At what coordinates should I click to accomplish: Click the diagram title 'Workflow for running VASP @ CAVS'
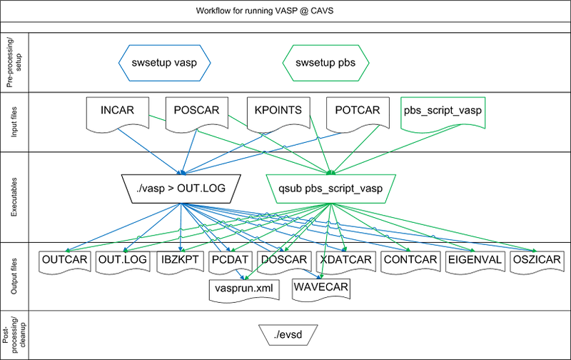285,12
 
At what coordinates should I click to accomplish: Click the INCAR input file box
115,111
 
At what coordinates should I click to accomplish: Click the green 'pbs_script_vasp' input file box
442,111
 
